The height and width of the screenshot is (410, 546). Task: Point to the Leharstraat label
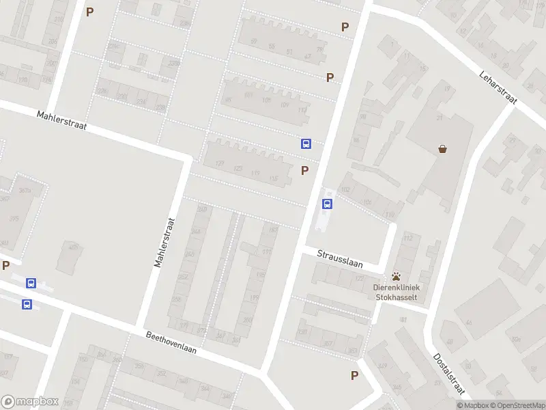(499, 88)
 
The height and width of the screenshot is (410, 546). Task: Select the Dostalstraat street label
(449, 374)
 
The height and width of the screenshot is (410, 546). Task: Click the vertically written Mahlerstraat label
(164, 242)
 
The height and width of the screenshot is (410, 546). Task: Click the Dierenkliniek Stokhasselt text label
(397, 292)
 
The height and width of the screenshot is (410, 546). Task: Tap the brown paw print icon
(397, 277)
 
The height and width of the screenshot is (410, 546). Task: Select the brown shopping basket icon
(443, 148)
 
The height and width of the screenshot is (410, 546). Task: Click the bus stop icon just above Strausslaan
(328, 204)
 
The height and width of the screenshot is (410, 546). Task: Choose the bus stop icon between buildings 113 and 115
(306, 143)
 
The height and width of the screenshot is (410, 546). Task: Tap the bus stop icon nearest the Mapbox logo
(27, 305)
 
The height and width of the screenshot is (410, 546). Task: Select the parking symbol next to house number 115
(304, 170)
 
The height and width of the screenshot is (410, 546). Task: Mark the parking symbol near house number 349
(354, 375)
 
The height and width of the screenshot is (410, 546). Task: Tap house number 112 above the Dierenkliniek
(408, 238)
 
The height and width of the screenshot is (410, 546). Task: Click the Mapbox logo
(30, 402)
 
